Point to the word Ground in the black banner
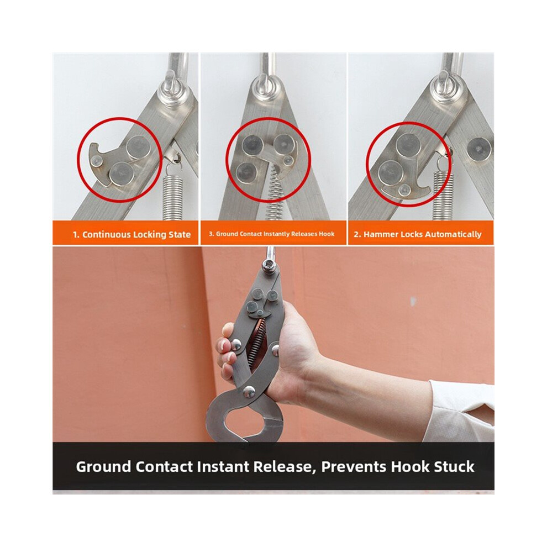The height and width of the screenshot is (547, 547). point(103,467)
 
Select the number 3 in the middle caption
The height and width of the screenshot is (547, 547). point(211,234)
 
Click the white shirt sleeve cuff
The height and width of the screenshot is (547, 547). point(460,411)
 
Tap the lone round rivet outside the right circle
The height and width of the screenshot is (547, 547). point(480,149)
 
